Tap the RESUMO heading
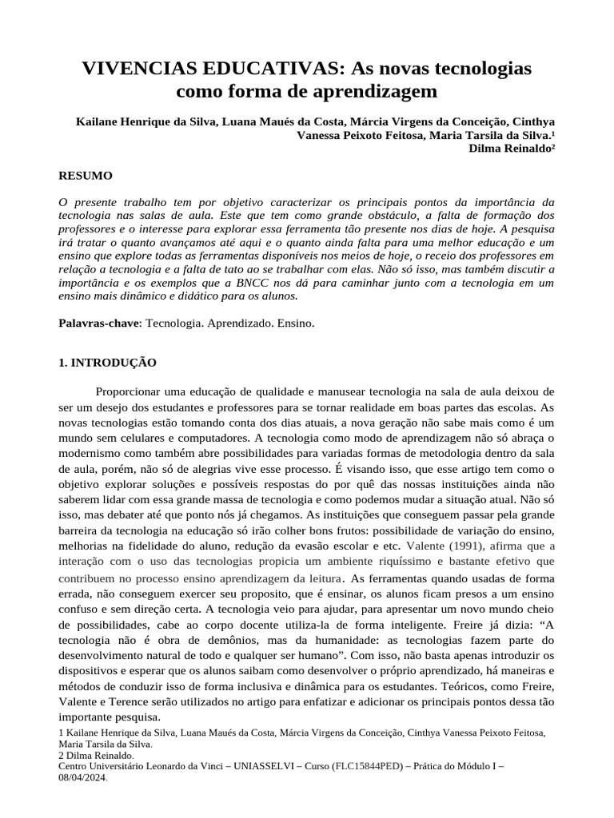click(x=86, y=176)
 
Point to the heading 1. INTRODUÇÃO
click(x=108, y=362)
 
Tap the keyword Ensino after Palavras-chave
click(x=297, y=324)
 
